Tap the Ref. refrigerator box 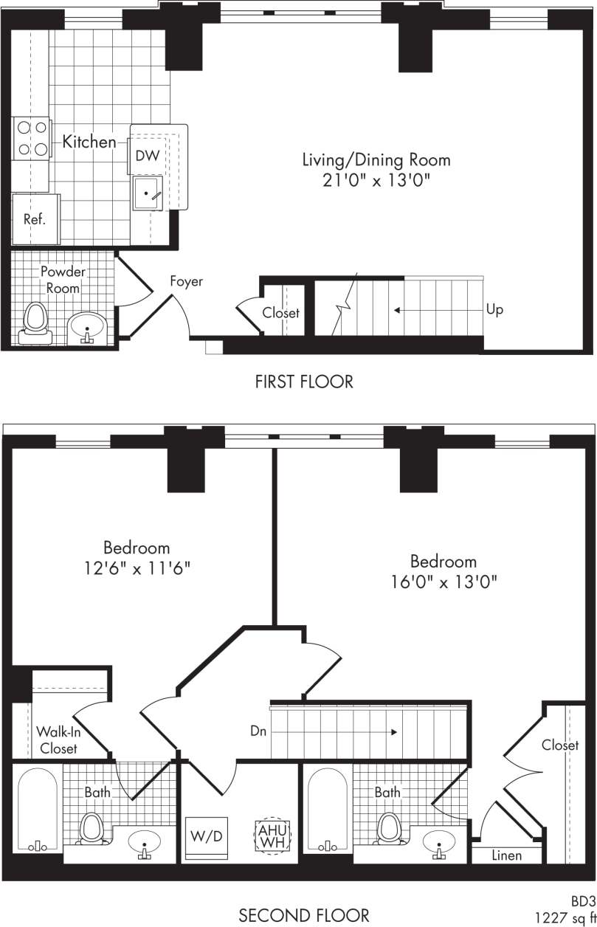pos(35,219)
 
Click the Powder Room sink pos(88,325)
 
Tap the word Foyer pos(186,281)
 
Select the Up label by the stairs pos(494,309)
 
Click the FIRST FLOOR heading pos(304,382)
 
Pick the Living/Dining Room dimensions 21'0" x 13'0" pos(376,180)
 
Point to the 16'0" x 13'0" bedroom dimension pos(444,581)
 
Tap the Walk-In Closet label pos(57,740)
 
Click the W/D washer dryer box pos(207,838)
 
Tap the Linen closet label pos(506,855)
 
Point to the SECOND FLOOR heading pos(303,916)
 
